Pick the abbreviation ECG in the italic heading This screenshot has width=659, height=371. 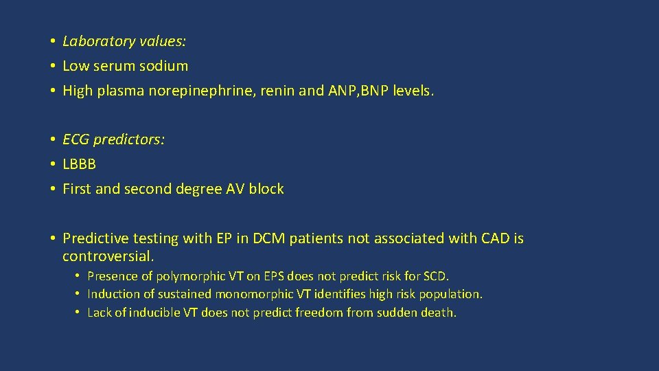pos(76,139)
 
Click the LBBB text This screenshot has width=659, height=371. pos(80,164)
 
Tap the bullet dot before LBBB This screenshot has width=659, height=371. pos(52,164)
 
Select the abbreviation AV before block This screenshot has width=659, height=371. pos(235,189)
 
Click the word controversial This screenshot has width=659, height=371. pos(108,256)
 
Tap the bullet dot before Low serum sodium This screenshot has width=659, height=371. pos(52,66)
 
